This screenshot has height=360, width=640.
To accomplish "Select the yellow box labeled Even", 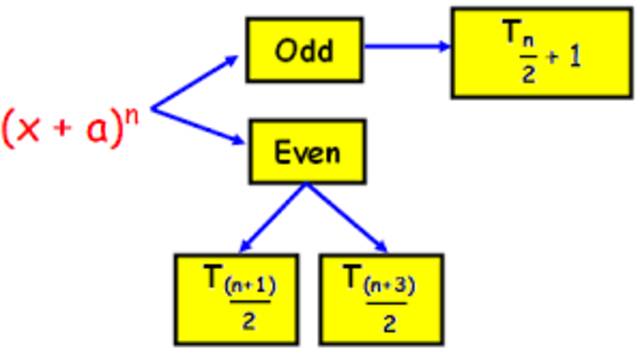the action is pyautogui.click(x=307, y=153).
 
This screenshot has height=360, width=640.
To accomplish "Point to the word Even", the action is pyautogui.click(x=307, y=153).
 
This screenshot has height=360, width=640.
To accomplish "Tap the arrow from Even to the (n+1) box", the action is pyautogui.click(x=270, y=219).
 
